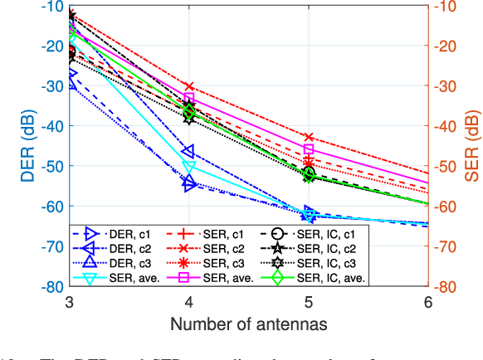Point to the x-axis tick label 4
pos(189,301)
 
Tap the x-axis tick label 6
pos(427,301)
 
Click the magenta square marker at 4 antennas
pos(189,98)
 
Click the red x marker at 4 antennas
pos(189,86)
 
